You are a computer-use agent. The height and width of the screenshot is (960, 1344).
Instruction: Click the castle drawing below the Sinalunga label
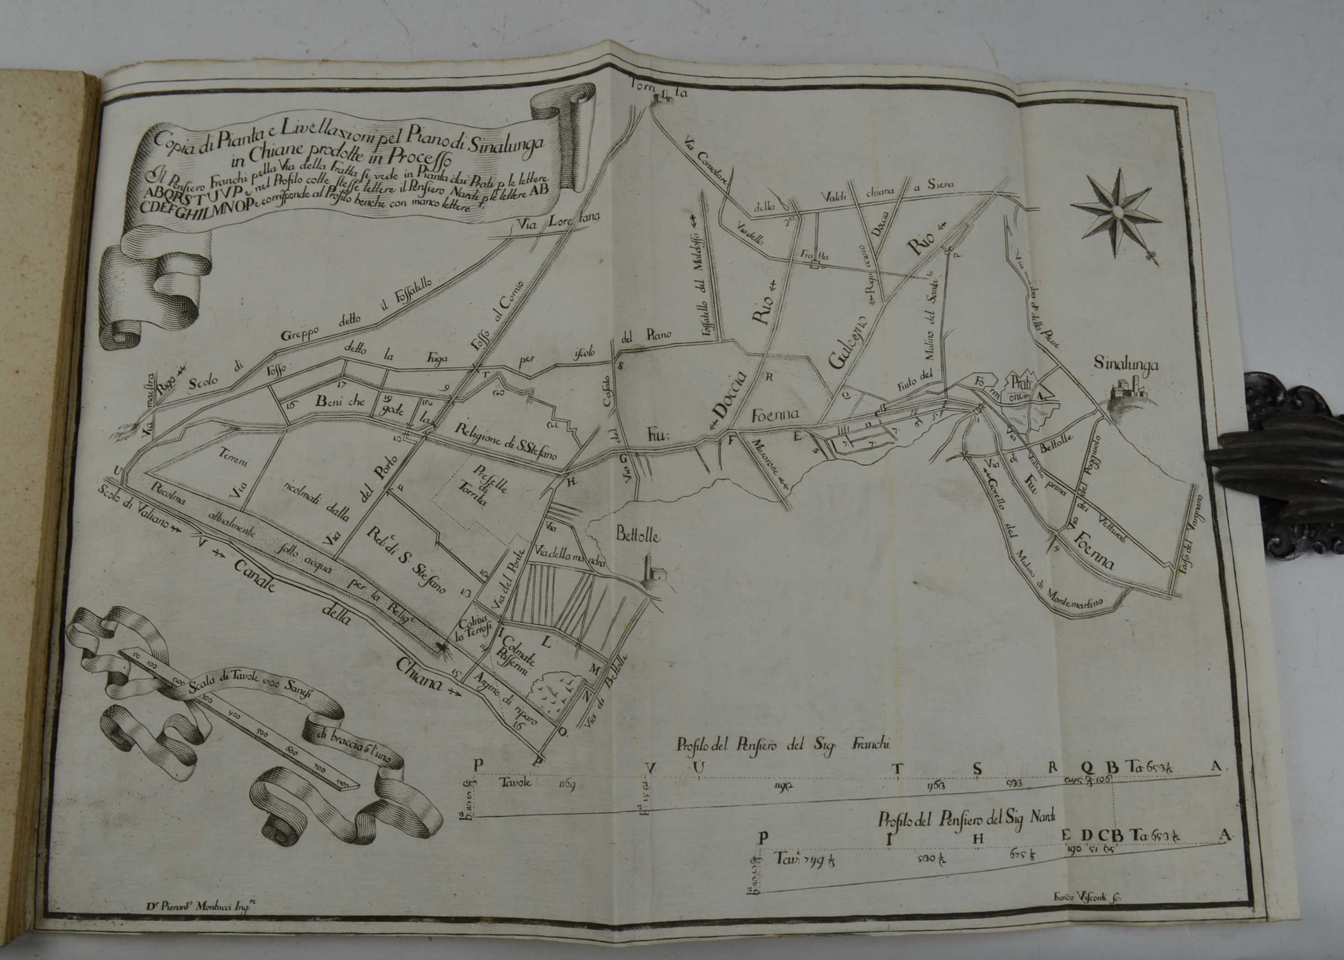pos(1129,391)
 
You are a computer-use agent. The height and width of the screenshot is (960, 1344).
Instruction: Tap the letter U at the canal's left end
pos(119,470)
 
